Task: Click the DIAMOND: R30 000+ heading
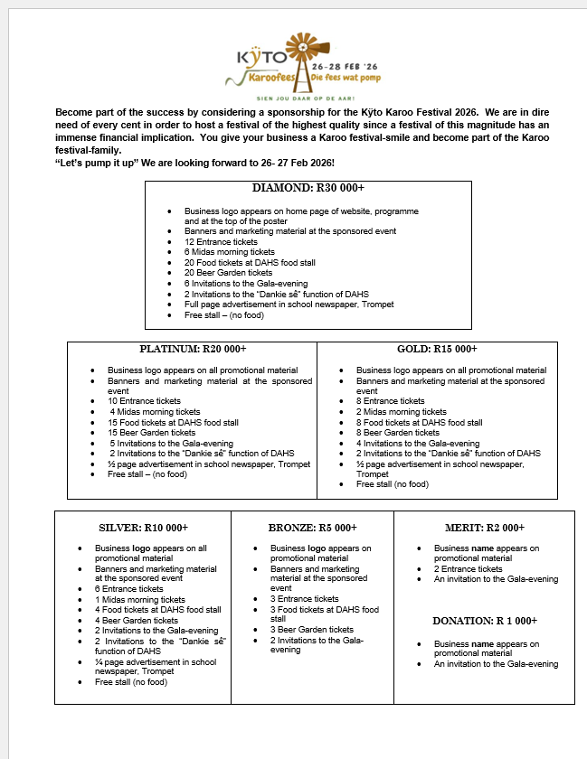pyautogui.click(x=308, y=189)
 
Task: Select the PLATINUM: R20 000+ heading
pyautogui.click(x=193, y=349)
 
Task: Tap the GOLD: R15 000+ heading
pyautogui.click(x=437, y=349)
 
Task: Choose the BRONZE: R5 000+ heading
pyautogui.click(x=312, y=528)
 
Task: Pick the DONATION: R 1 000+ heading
pyautogui.click(x=485, y=621)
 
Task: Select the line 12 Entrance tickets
pyautogui.click(x=221, y=242)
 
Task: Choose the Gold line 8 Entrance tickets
pyautogui.click(x=390, y=400)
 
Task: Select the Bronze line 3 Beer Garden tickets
pyautogui.click(x=312, y=630)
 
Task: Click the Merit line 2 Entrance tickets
pyautogui.click(x=468, y=569)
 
